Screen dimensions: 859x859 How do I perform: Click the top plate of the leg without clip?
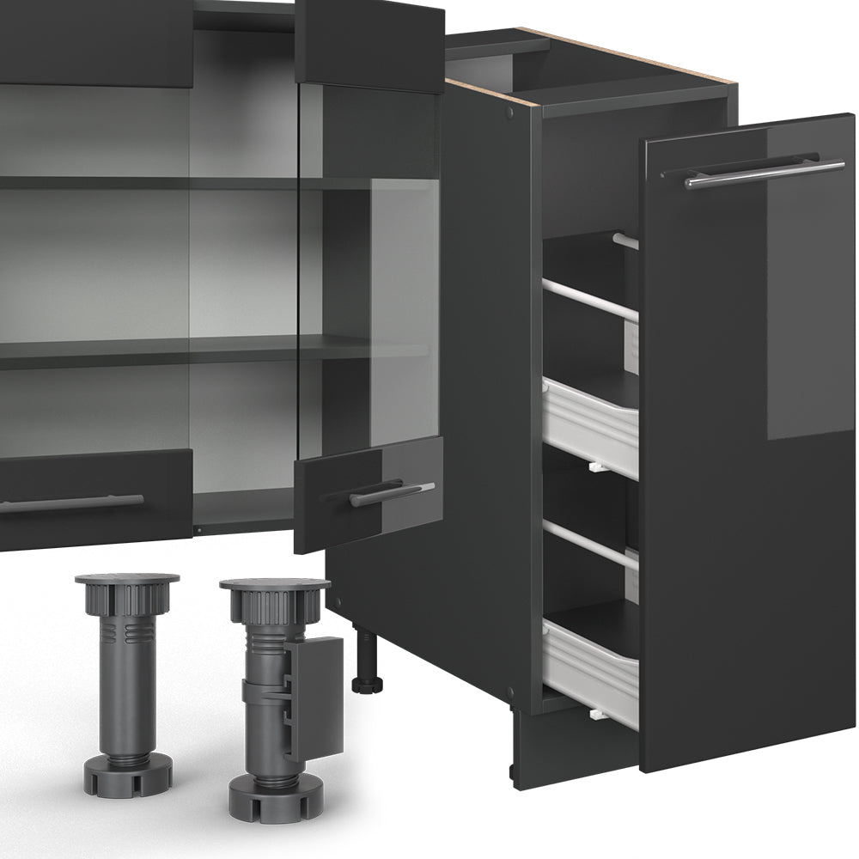click(127, 580)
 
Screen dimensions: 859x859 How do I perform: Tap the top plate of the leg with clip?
click(274, 585)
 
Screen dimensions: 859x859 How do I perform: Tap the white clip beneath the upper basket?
click(594, 468)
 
